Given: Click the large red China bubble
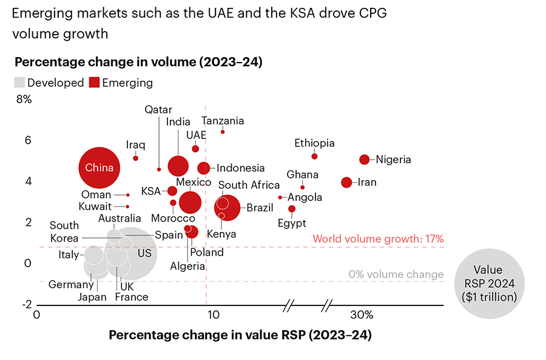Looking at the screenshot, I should [x=99, y=168].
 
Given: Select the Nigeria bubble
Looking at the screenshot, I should [x=365, y=160].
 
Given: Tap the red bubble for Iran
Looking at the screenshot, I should [x=346, y=182].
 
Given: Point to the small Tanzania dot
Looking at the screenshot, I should [x=223, y=132].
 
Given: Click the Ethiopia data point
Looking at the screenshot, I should [x=314, y=156].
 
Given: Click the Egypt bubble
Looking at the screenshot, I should [x=292, y=209].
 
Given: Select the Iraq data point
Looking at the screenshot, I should [x=136, y=158].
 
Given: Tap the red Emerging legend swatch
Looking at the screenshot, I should [x=94, y=83].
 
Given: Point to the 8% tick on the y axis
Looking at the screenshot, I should [x=24, y=99].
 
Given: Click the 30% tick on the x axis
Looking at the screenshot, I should [x=362, y=315].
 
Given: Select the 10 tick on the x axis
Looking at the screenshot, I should [x=212, y=315].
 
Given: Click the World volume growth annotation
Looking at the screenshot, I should [x=378, y=239].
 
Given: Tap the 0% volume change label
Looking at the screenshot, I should [x=396, y=274].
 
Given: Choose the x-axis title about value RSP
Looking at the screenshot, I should [x=240, y=335].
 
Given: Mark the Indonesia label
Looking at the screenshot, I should [x=240, y=168].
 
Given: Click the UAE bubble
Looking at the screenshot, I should [x=195, y=149].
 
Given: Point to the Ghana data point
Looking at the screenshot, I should [x=303, y=187].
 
